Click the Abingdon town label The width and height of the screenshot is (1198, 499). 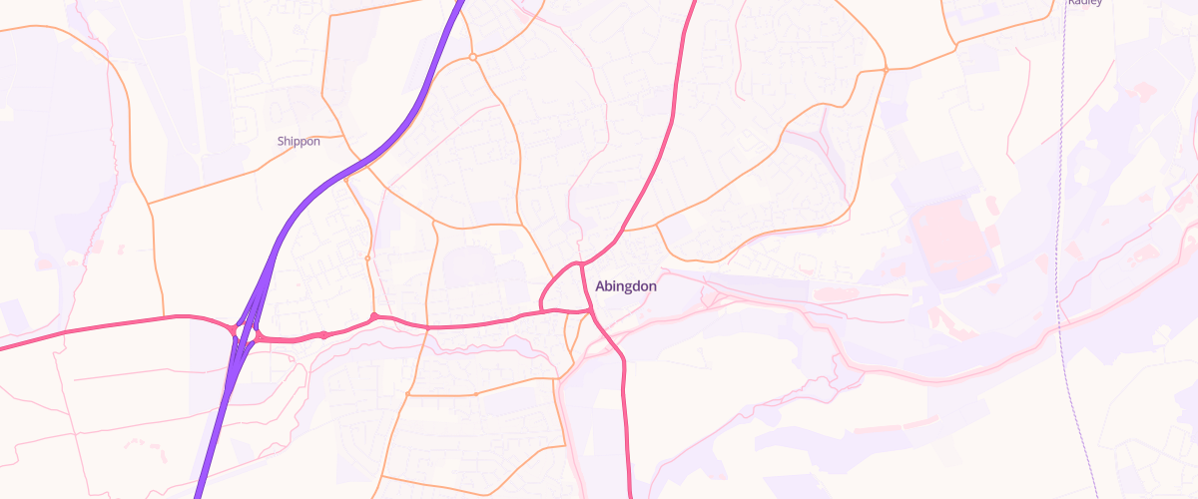626,286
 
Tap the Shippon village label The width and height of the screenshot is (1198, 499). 299,142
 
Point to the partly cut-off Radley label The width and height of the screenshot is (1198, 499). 1083,3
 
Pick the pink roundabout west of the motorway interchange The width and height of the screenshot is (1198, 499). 232,328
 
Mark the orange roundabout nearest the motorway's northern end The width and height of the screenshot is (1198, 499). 472,58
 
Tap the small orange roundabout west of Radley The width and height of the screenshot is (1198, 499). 886,70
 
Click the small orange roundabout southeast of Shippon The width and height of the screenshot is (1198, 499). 367,258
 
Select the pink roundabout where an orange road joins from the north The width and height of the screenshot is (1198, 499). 374,318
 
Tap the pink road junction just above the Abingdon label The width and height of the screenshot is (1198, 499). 579,263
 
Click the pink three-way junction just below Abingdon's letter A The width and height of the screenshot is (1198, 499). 590,311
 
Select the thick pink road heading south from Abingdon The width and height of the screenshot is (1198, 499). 625,419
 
